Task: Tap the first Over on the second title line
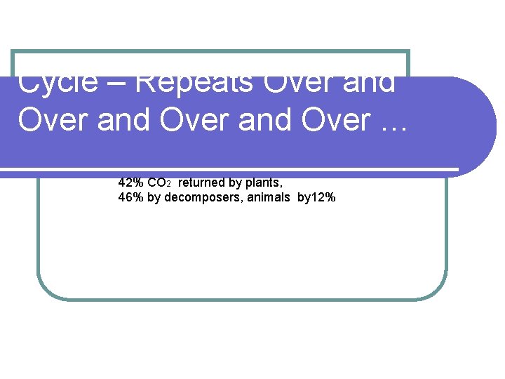click(53, 120)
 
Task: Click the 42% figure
click(131, 182)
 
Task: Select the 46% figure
click(131, 198)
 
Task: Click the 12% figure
click(323, 198)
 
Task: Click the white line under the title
click(231, 169)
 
